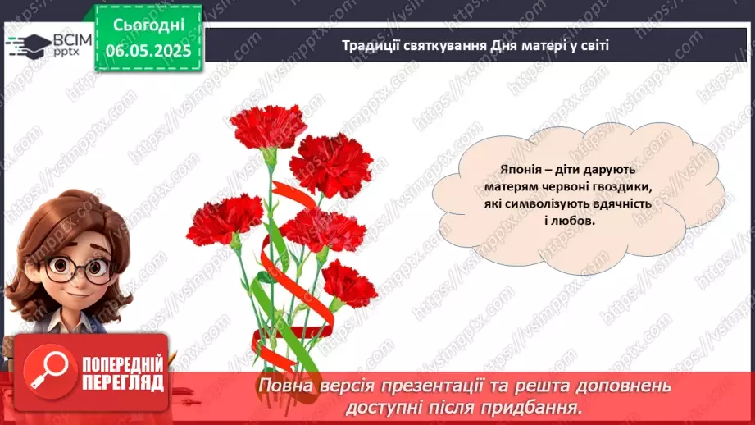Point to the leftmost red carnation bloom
tap(224, 218)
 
